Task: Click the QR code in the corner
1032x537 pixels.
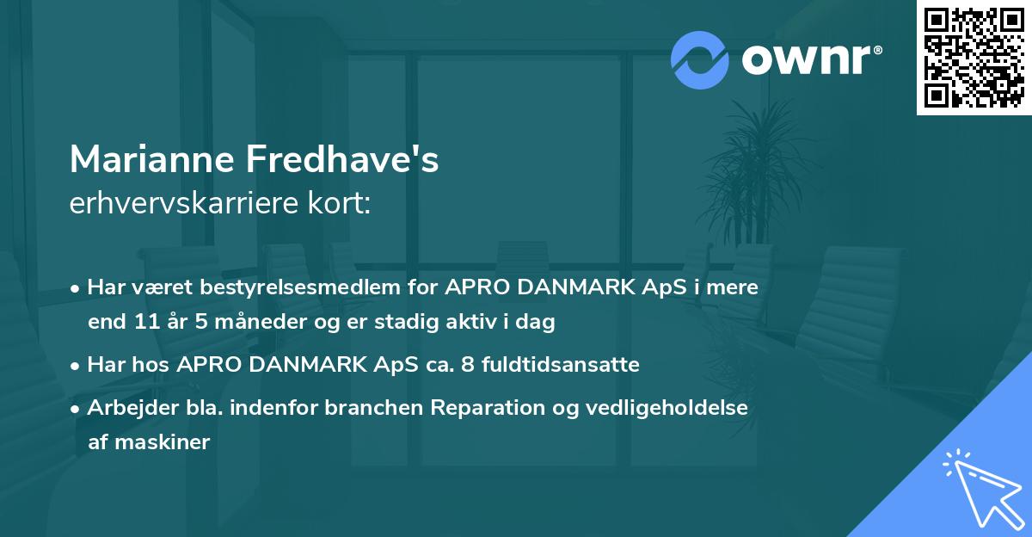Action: tap(974, 58)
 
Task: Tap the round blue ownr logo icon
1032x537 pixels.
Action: tap(700, 59)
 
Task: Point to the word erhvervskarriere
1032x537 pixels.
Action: tap(175, 204)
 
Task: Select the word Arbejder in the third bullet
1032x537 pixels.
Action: tap(124, 408)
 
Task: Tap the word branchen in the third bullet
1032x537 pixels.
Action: tap(366, 408)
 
